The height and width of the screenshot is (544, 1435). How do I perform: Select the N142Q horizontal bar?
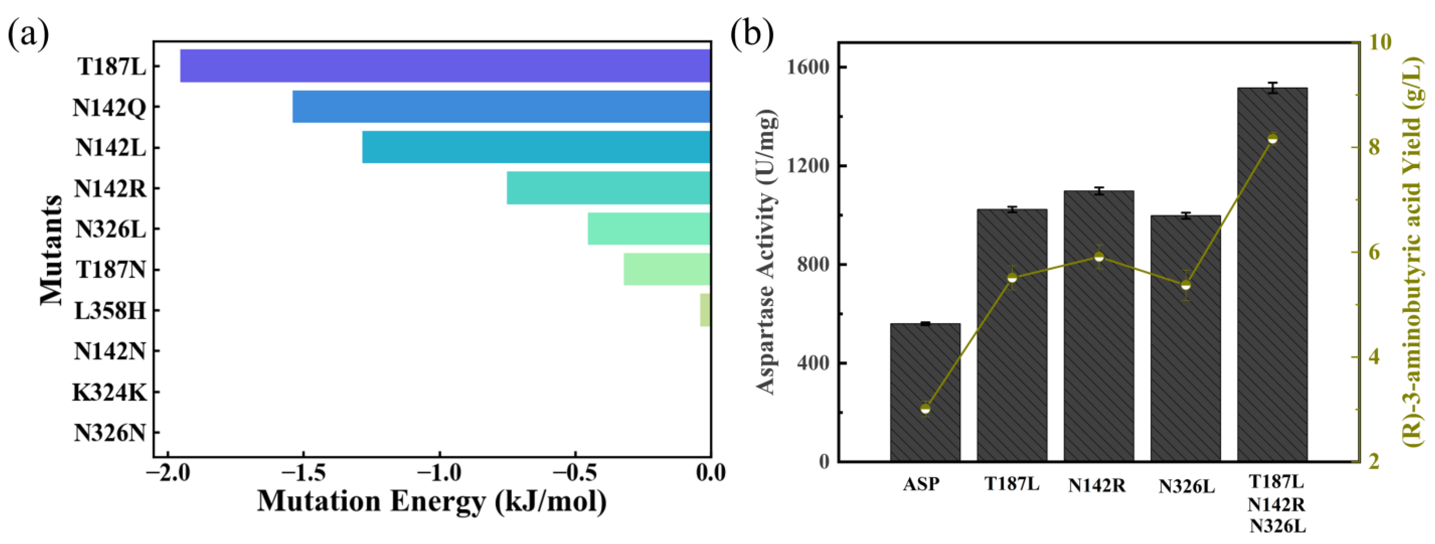point(501,106)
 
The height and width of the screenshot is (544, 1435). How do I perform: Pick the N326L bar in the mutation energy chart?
point(649,228)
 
